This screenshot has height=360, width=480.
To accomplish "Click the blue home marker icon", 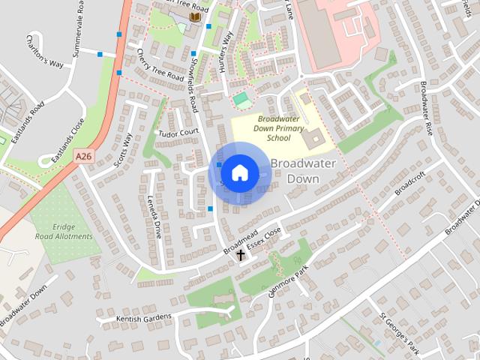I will pyautogui.click(x=239, y=173).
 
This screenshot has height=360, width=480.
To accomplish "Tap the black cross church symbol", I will pyautogui.click(x=241, y=256).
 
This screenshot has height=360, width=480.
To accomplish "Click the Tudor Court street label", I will pyautogui.click(x=178, y=133).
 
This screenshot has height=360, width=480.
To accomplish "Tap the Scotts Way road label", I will pyautogui.click(x=122, y=151).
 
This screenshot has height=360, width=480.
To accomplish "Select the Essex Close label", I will pyautogui.click(x=266, y=240).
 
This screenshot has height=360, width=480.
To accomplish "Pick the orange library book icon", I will pyautogui.click(x=195, y=16).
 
